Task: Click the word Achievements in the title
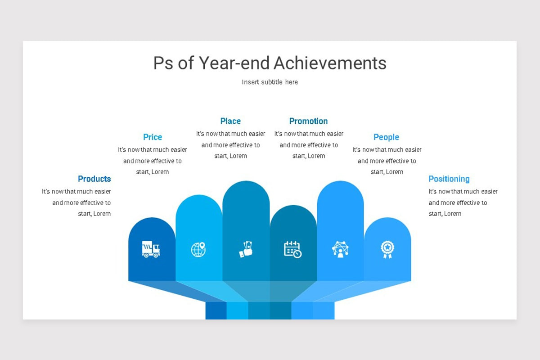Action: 330,63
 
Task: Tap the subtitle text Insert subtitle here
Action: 270,82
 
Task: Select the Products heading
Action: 94,179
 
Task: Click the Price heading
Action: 153,137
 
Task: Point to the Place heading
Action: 230,121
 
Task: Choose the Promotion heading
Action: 308,121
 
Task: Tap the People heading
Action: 386,137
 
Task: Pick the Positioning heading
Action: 449,179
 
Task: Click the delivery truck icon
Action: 151,249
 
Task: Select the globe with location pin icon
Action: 198,249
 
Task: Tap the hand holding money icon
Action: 246,249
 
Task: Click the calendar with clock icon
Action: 292,249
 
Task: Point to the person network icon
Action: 340,249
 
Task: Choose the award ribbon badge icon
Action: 387,249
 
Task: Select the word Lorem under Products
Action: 102,214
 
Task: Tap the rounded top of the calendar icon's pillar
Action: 293,211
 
